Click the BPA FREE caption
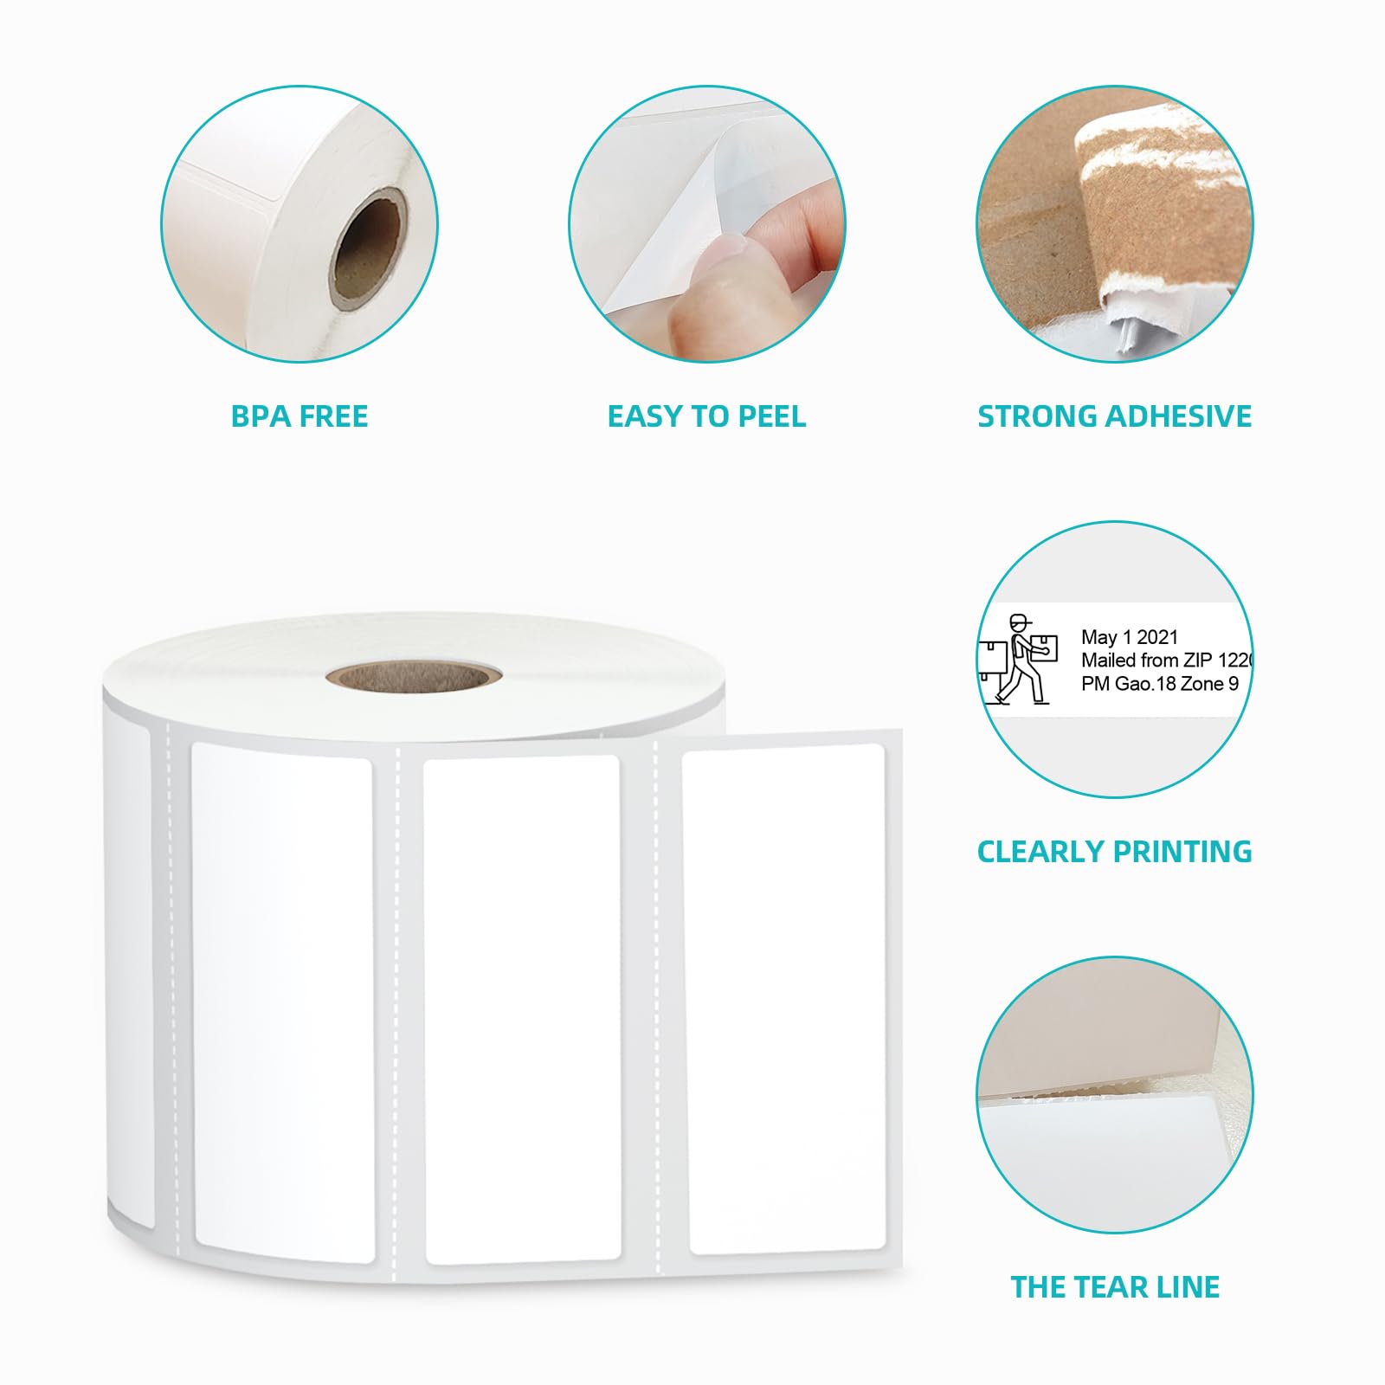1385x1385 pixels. tap(300, 416)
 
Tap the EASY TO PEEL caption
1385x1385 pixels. tap(706, 416)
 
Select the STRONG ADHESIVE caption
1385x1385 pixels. tap(1114, 416)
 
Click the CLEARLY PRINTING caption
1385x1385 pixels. tap(1114, 852)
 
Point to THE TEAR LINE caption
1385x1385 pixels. tap(1114, 1287)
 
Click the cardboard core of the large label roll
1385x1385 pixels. tap(415, 676)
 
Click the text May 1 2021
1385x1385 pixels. tap(1130, 637)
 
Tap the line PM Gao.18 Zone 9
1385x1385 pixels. tap(1160, 684)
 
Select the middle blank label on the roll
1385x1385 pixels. tap(522, 1008)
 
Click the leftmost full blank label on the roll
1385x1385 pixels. tap(282, 1000)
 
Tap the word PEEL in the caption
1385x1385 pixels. tap(770, 416)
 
